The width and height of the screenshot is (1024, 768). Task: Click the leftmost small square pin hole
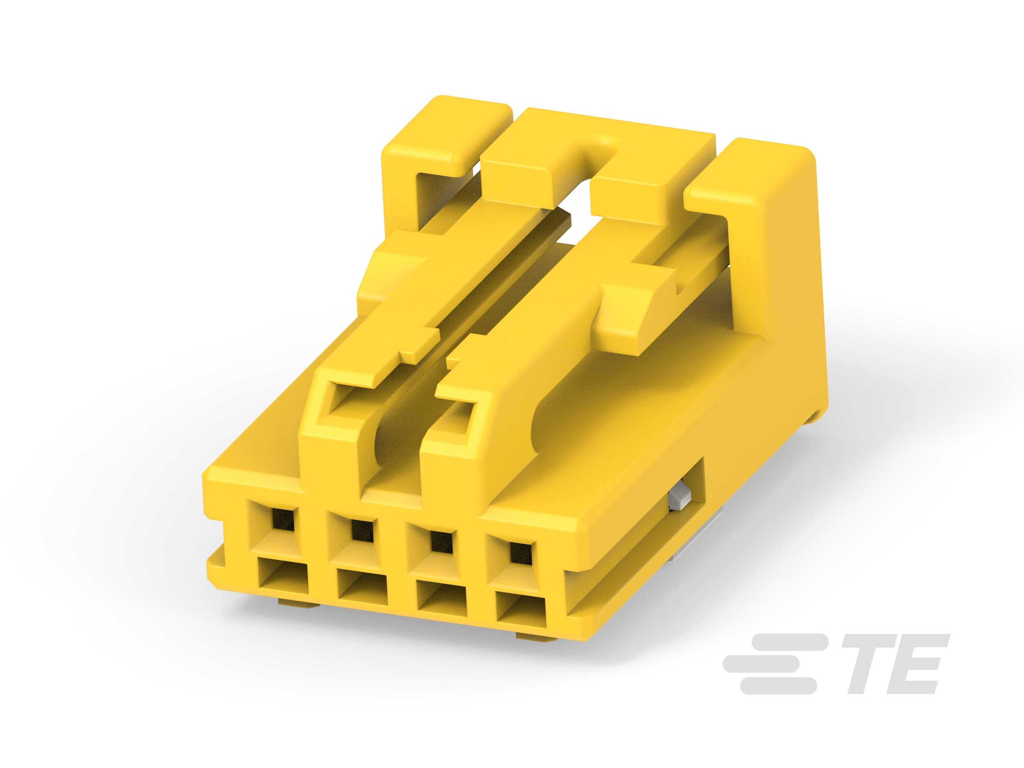pos(284,520)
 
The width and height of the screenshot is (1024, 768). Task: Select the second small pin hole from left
pos(362,530)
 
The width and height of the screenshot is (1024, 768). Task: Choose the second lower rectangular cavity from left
pos(362,587)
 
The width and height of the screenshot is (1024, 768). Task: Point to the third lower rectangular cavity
pos(442,598)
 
